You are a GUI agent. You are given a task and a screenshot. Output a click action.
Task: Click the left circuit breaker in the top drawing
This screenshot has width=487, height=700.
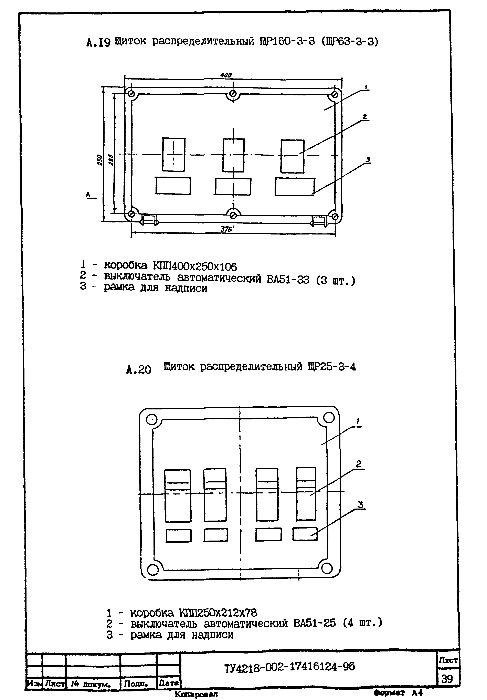click(173, 155)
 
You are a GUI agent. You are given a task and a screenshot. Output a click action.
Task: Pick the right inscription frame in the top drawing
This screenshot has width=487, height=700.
click(294, 187)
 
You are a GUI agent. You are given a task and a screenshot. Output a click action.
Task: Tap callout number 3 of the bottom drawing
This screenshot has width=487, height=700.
click(361, 505)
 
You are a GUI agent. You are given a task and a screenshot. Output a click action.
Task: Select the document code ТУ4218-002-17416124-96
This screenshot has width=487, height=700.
click(289, 668)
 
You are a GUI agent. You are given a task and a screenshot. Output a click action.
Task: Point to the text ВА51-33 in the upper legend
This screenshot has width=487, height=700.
click(288, 279)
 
